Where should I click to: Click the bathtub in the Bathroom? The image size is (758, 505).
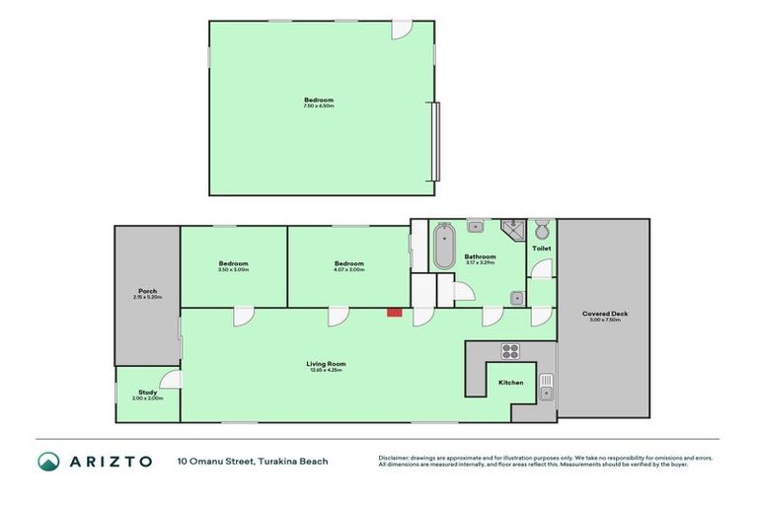[x=444, y=247]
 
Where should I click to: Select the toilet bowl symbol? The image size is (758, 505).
[x=542, y=231]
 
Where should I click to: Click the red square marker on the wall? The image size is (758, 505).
[x=393, y=313]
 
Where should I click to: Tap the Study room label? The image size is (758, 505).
[x=147, y=392]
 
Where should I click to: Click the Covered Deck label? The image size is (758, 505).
[x=604, y=314]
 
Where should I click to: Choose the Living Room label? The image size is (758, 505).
[x=326, y=364]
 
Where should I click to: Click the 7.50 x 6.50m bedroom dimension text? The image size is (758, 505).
[x=319, y=106]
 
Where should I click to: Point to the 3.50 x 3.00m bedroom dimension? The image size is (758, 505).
[x=233, y=269]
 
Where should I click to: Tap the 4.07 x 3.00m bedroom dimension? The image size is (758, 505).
[x=348, y=269]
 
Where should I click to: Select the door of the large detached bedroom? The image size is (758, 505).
[x=400, y=30]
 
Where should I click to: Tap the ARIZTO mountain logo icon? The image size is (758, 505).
[x=48, y=461]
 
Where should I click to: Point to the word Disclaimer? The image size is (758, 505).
[x=393, y=458]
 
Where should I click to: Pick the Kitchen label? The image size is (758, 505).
[x=510, y=382]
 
